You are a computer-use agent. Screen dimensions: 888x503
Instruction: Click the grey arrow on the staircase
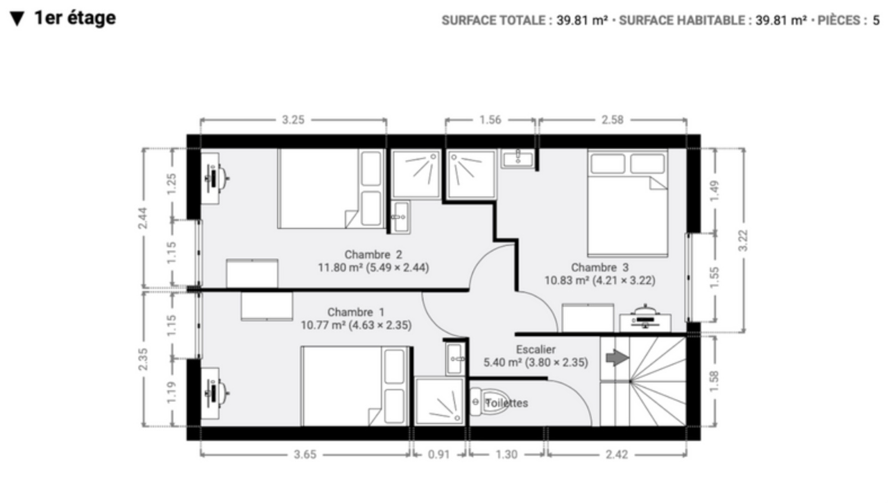coord(617,358)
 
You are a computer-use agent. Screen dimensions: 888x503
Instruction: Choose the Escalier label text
coord(536,349)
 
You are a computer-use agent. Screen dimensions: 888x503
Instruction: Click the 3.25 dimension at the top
coord(293,120)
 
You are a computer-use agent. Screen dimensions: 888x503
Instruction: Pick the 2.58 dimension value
coord(613,120)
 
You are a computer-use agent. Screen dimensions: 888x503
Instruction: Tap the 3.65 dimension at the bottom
coord(305,455)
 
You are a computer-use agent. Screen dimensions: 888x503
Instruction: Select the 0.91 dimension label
coord(439,455)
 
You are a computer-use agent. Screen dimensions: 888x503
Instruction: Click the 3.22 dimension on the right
coord(743,240)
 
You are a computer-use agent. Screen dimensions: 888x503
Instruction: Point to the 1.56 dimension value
coord(491,120)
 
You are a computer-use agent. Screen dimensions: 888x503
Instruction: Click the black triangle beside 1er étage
coord(17,19)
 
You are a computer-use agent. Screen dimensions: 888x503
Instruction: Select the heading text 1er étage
coord(75,18)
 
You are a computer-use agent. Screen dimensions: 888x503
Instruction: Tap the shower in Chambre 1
coord(439,401)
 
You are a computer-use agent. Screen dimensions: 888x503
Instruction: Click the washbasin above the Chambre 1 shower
coord(455,359)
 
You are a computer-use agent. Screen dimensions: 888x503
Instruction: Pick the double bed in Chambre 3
coord(628,203)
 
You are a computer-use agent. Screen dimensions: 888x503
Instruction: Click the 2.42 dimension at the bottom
coord(617,455)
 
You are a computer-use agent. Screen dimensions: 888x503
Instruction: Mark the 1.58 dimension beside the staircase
coord(714,381)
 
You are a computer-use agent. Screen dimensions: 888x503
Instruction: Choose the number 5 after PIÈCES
coord(876,20)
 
